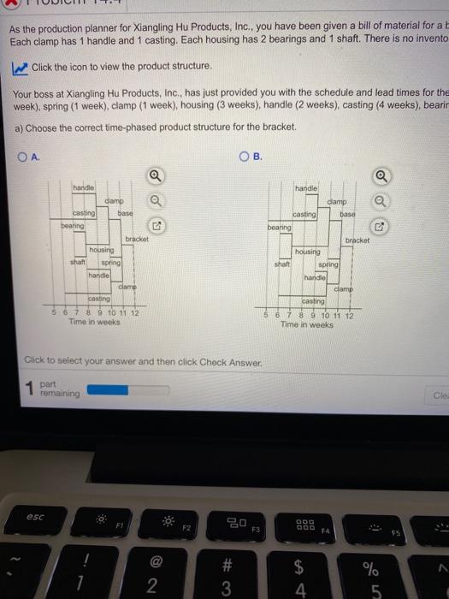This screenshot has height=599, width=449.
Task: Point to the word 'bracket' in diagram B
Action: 357,240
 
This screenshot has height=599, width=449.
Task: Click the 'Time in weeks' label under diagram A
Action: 93,321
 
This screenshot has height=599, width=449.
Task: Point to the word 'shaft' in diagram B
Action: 282,264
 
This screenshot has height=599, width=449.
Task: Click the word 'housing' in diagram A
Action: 103,248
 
